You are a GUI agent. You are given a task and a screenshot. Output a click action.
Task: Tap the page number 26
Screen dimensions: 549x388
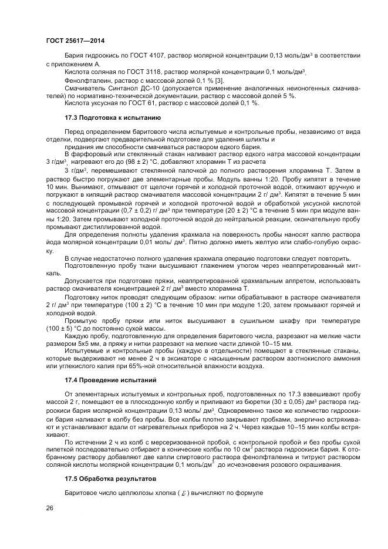point(48,508)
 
